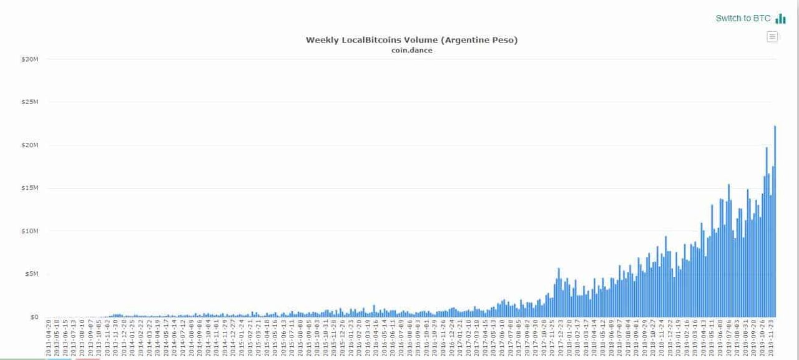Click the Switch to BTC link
(x=743, y=18)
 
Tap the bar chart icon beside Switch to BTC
(x=780, y=19)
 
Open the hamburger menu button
(x=772, y=37)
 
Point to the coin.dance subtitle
(x=411, y=51)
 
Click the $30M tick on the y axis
(x=30, y=59)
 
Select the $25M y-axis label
(x=30, y=102)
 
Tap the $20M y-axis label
(x=30, y=145)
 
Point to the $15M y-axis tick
(x=30, y=188)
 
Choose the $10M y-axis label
(x=30, y=231)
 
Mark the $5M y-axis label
(x=32, y=274)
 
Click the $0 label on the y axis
(x=34, y=317)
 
